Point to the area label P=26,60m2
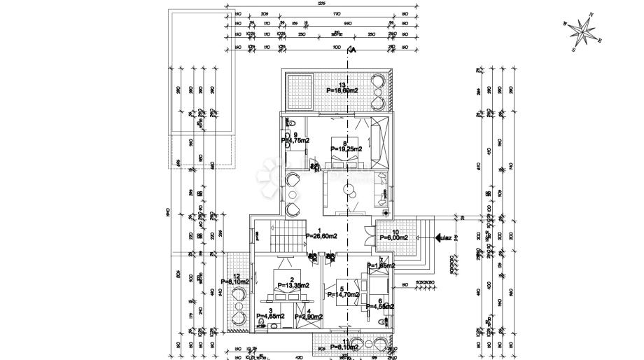[321, 237]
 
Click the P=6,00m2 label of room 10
[394, 237]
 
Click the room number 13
[341, 85]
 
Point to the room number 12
[237, 276]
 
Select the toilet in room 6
[382, 320]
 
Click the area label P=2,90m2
[309, 317]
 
